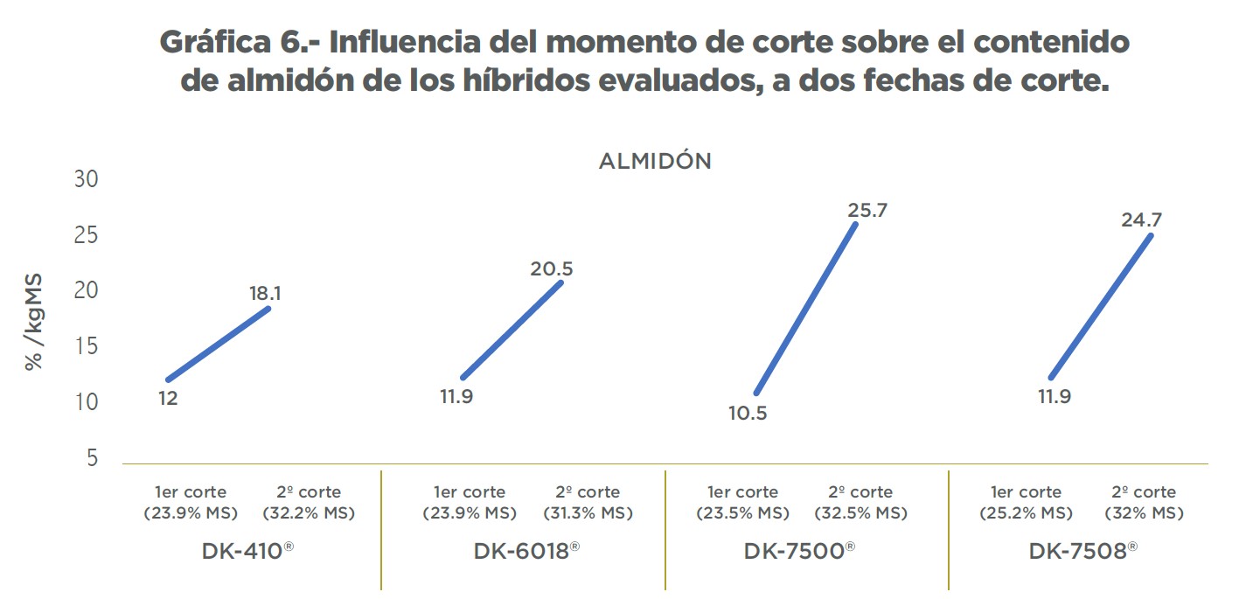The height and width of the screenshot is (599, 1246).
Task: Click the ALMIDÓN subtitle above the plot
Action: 655,162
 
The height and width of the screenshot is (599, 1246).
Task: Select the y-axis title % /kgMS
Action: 34,322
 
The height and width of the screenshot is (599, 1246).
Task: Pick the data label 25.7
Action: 867,210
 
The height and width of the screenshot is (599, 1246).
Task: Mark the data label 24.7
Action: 1141,219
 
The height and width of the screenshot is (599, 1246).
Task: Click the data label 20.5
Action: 551,268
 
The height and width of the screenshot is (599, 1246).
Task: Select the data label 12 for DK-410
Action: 168,399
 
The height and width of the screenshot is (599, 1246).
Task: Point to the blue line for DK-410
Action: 219,344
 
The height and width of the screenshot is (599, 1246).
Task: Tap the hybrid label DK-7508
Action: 1082,552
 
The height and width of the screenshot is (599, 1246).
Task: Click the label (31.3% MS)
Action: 588,513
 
